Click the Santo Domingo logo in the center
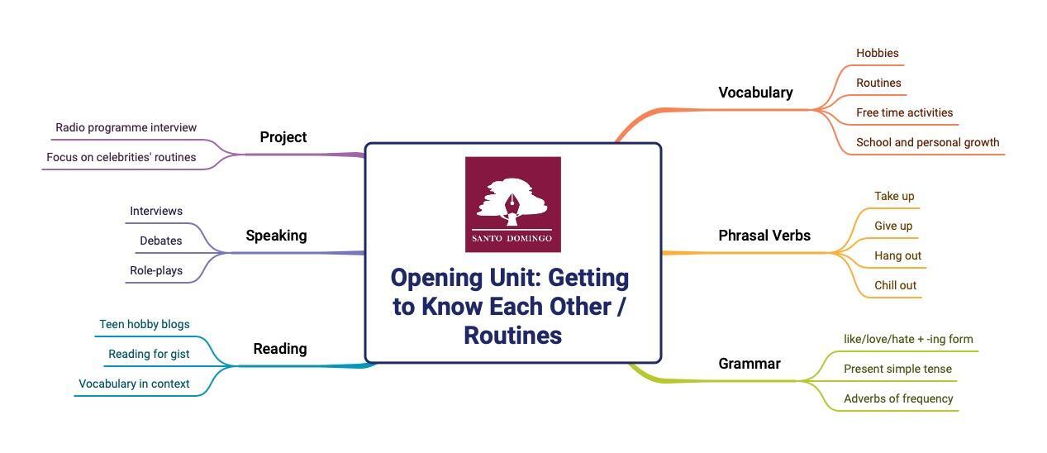coord(512,204)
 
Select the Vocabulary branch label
coord(755,93)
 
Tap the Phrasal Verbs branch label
coord(764,236)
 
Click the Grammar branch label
coord(749,364)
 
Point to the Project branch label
coord(283,137)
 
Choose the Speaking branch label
coord(276,236)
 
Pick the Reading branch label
coord(279,349)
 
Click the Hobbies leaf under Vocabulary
coord(877,53)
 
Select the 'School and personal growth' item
coord(927,142)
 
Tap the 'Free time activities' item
coord(904,112)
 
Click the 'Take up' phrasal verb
coord(894,196)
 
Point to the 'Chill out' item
coord(895,285)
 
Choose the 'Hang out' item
coord(897,255)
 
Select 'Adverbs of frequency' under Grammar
coord(898,398)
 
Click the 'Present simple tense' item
coord(897,369)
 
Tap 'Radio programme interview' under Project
coord(126,127)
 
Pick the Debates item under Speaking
coord(160,241)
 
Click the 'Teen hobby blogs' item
coord(144,324)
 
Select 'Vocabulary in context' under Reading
coord(134,384)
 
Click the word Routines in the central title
coord(512,336)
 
